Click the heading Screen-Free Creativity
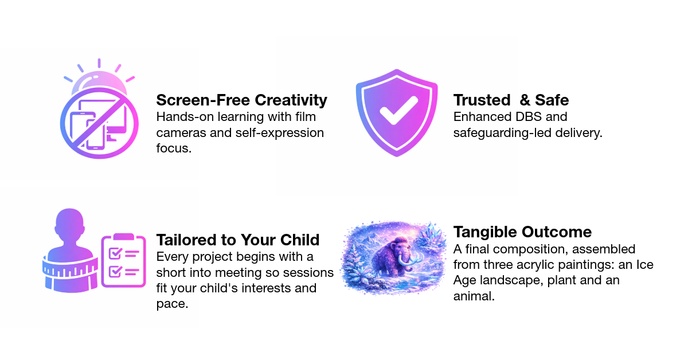tap(241, 100)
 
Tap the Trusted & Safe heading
tap(511, 100)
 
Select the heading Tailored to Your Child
tap(238, 239)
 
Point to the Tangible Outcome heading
tap(522, 232)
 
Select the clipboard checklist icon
tap(123, 261)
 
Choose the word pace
tap(172, 304)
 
